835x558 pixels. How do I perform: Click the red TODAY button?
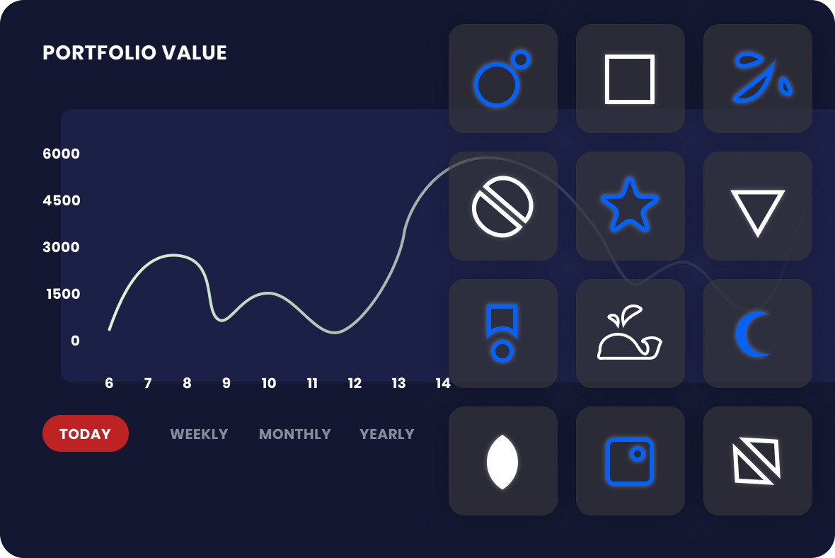(85, 433)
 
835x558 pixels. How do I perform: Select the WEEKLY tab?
(199, 434)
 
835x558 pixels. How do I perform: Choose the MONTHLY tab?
(295, 434)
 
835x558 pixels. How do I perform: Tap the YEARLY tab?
(387, 434)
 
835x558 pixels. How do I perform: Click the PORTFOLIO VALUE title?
(134, 53)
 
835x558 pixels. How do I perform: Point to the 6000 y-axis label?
(62, 154)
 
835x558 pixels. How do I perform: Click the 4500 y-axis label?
(62, 200)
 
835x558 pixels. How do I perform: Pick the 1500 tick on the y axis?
(63, 294)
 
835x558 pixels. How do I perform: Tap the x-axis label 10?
(269, 383)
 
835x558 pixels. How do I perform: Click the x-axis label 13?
(399, 383)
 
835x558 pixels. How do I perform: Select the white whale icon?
(630, 333)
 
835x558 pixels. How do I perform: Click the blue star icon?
(630, 205)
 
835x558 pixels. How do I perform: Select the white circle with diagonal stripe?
(502, 206)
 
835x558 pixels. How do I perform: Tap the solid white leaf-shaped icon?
(502, 462)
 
